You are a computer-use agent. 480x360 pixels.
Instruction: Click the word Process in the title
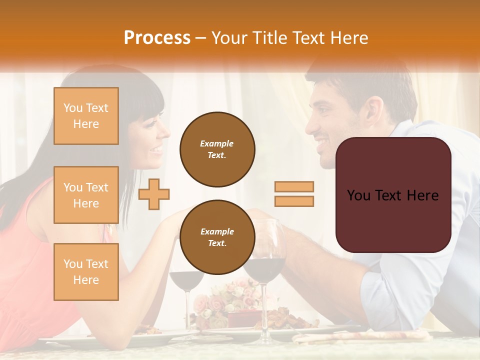(x=157, y=38)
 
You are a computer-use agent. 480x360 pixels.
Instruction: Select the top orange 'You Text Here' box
(x=86, y=116)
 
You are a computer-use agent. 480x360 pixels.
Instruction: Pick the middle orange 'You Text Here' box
(x=86, y=195)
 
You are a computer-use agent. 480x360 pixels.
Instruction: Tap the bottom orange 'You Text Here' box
(x=86, y=271)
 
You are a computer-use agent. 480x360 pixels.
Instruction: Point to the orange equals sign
(x=294, y=194)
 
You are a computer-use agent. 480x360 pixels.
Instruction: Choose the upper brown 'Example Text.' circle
(x=217, y=149)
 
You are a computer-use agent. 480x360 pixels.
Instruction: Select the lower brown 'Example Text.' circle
(x=217, y=237)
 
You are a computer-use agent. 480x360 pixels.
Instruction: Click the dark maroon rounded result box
(x=393, y=195)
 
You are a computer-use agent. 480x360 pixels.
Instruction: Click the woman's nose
(x=166, y=132)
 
